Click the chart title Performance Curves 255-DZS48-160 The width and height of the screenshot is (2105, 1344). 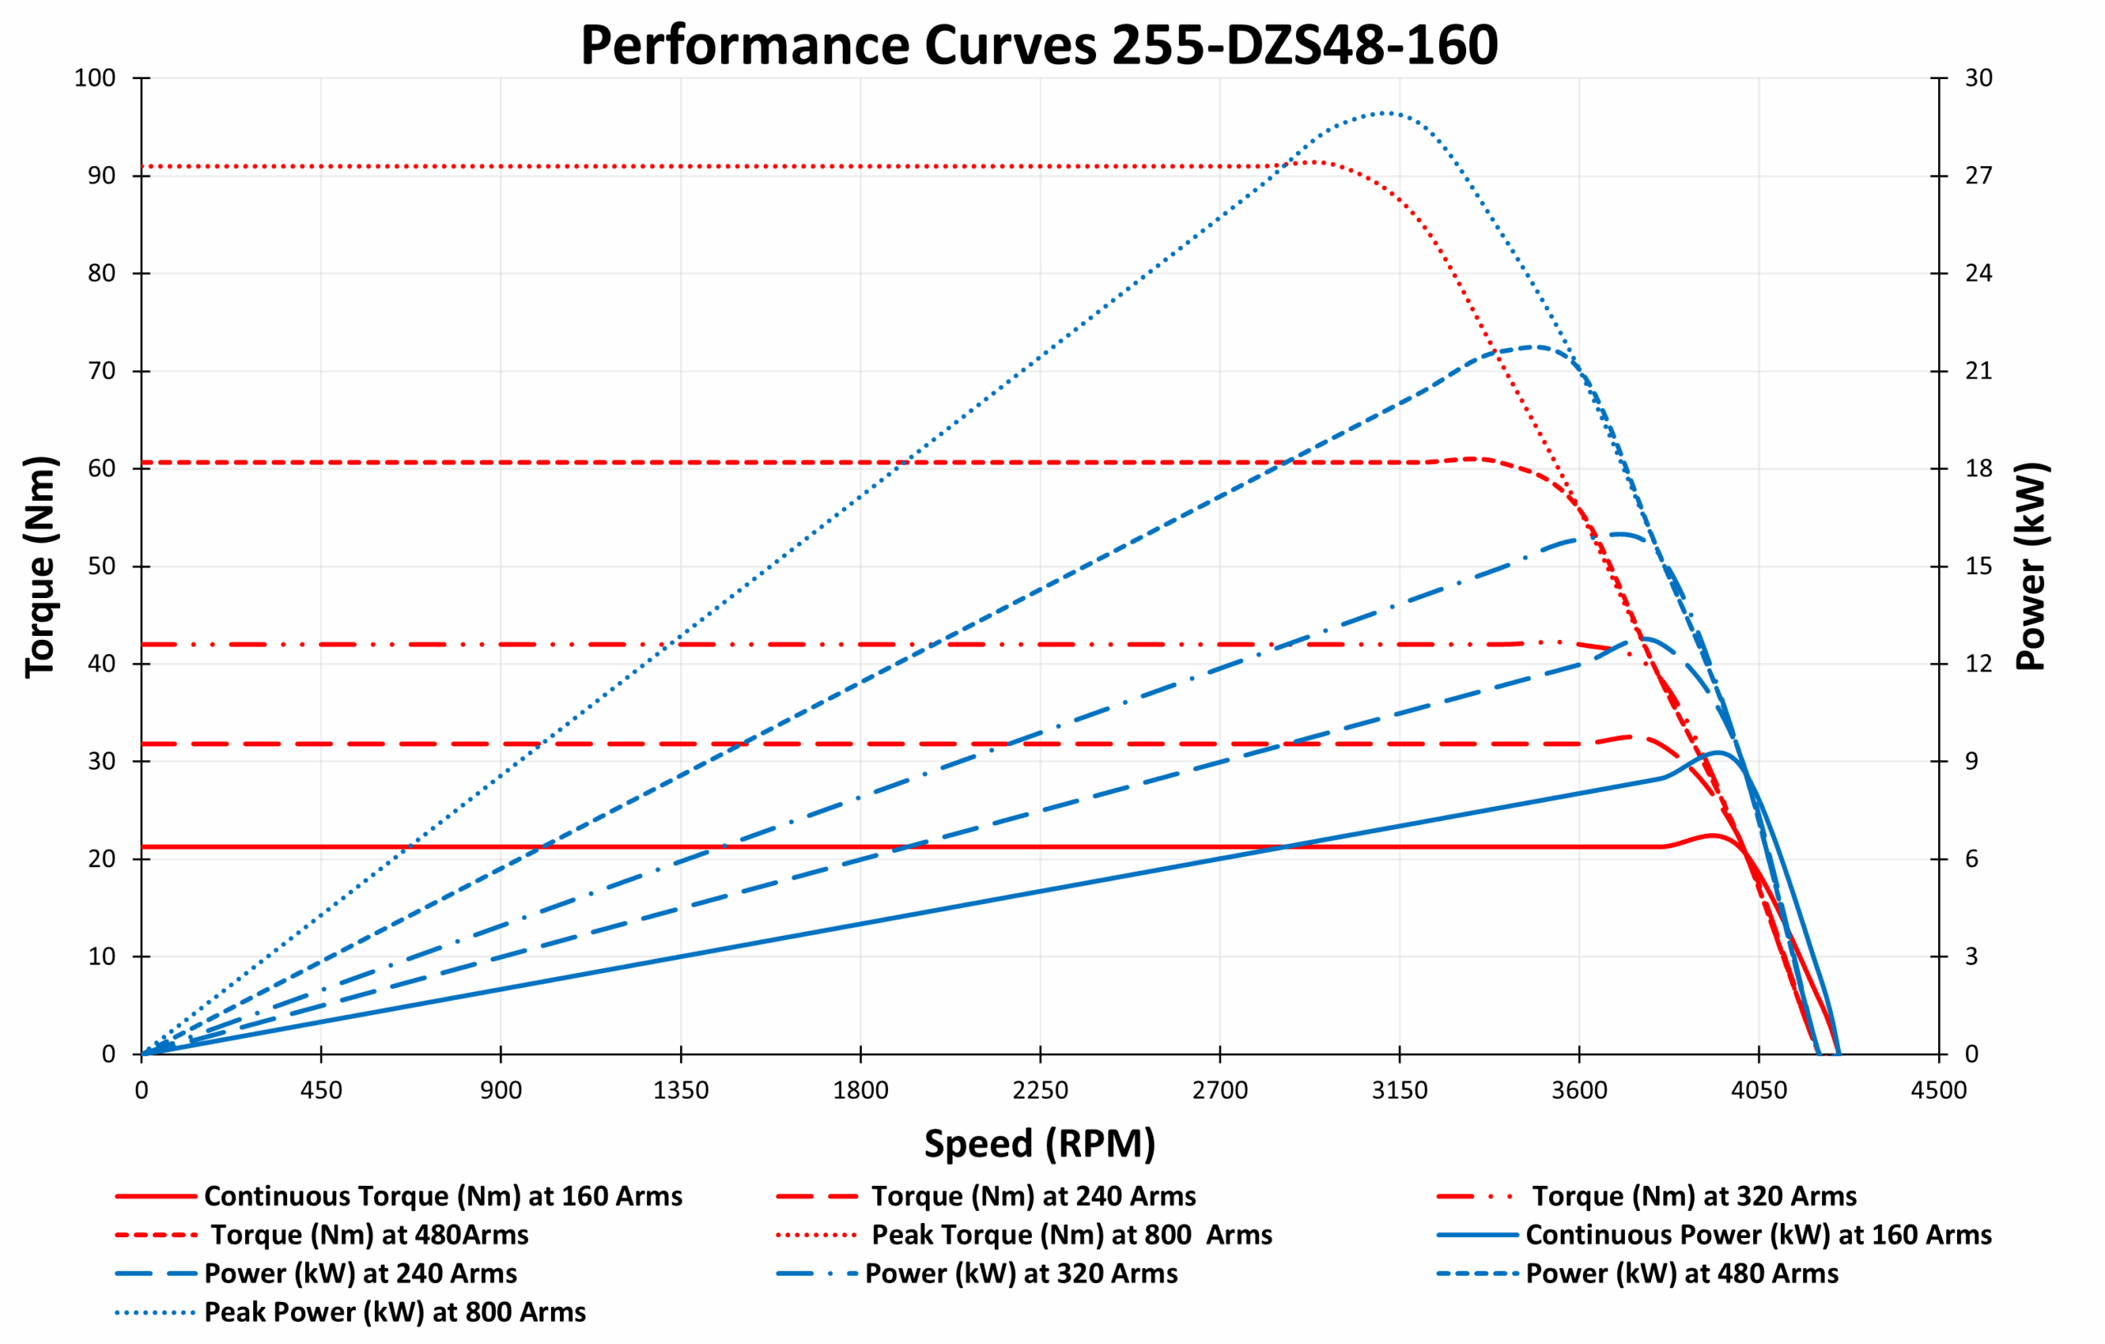point(1039,45)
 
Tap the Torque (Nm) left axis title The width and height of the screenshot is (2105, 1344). point(40,567)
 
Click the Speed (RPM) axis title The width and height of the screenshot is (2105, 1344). point(1039,1144)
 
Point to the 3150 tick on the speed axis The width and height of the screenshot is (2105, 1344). point(1399,1091)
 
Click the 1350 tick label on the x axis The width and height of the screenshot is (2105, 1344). point(681,1091)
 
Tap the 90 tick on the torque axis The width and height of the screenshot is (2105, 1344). point(101,176)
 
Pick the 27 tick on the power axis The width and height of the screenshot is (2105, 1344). point(1979,176)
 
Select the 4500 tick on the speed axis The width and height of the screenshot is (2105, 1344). point(1938,1091)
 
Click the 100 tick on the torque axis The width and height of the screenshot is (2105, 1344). point(95,78)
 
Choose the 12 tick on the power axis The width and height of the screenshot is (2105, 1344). point(1979,664)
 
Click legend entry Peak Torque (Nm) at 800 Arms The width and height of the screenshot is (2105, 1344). point(1071,1235)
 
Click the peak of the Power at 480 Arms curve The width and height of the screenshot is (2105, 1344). point(1534,347)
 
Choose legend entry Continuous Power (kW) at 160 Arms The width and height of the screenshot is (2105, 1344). point(1758,1235)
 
